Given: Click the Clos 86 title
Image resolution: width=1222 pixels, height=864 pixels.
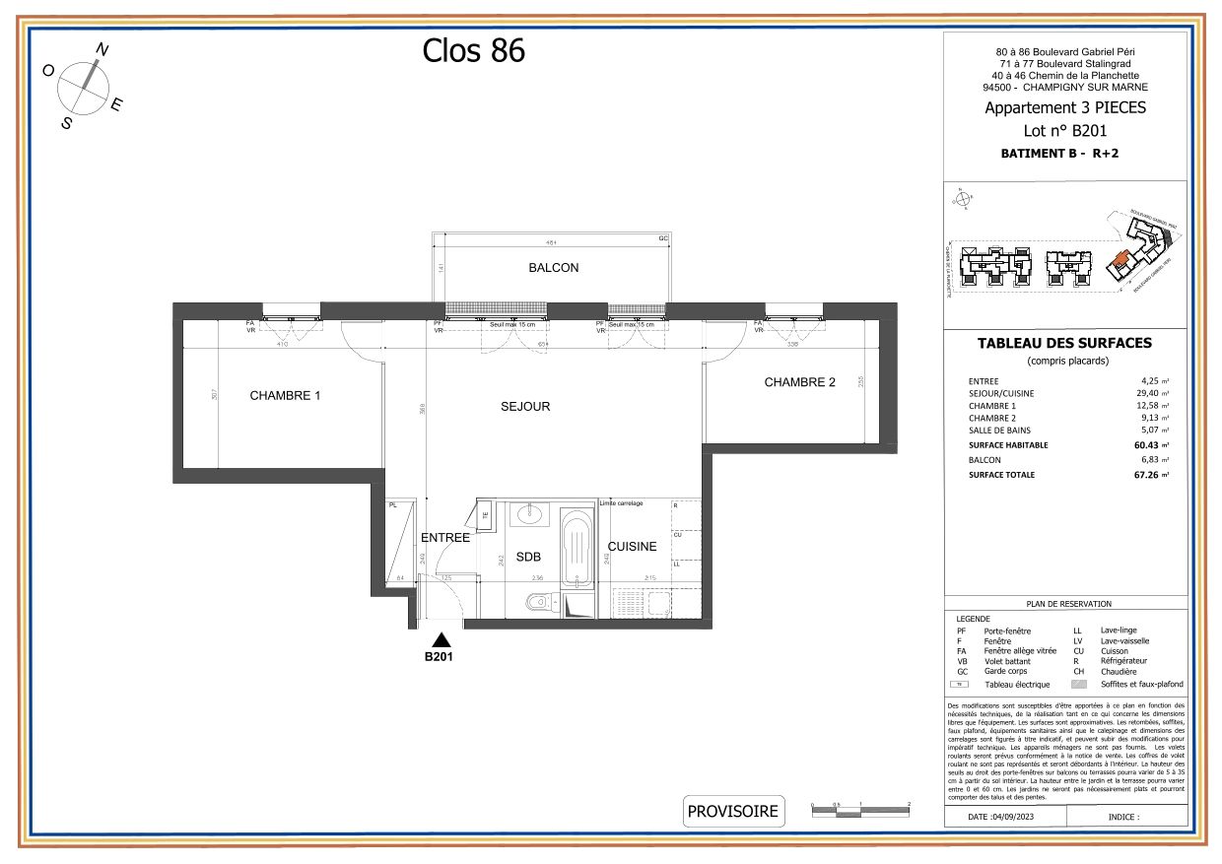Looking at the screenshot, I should [473, 50].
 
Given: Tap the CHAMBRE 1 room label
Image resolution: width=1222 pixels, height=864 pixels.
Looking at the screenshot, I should [285, 396].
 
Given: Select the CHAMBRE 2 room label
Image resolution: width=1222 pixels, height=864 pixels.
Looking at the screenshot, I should [799, 382].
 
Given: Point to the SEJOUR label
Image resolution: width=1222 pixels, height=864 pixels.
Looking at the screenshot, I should [524, 406].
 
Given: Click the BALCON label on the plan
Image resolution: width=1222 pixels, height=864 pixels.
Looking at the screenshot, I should [553, 268].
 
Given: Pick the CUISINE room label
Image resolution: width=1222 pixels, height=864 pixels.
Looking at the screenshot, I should [632, 546].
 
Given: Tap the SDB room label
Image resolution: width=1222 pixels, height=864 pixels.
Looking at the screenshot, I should [529, 557].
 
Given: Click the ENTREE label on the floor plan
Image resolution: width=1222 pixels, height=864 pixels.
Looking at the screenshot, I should [444, 538].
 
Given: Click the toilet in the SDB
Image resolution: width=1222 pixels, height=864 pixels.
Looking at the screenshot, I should [536, 602].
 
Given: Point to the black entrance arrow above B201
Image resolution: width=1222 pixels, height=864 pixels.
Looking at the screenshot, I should [441, 638].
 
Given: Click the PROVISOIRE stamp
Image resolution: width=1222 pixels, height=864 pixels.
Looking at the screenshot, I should [733, 812].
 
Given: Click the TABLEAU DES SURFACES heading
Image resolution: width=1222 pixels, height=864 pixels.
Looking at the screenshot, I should [1064, 344].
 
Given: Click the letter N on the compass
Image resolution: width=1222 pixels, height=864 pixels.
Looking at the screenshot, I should [102, 48].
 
